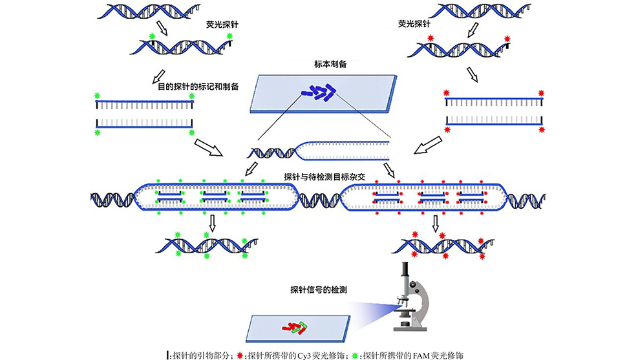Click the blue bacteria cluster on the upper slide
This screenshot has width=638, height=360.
click(319, 94)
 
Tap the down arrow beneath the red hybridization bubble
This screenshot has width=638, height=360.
click(436, 224)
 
